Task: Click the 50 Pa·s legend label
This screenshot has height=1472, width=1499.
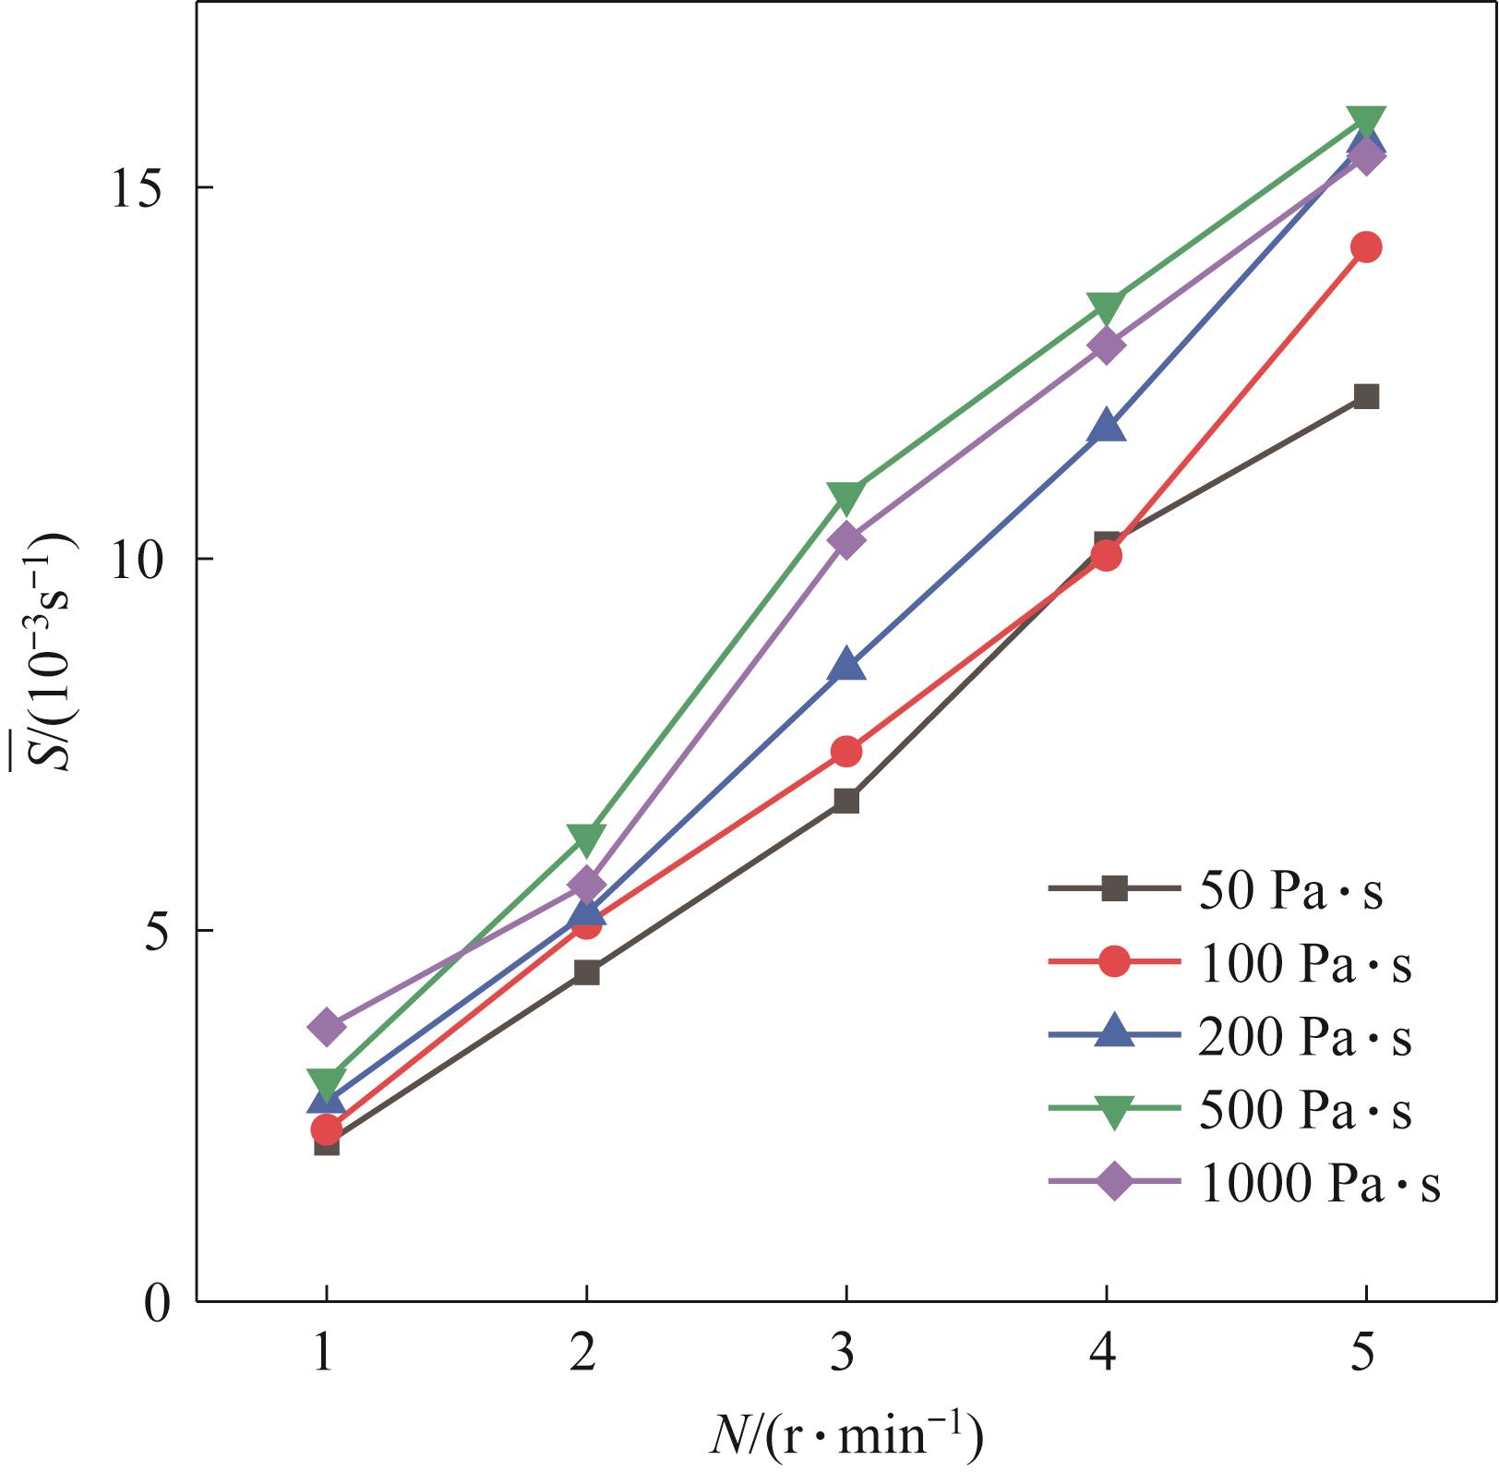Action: pos(1290,891)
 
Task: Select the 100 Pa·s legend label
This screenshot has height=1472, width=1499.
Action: pos(1305,964)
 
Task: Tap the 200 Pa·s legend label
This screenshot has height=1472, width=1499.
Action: pos(1305,1037)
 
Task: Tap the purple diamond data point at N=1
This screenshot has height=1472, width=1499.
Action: pos(327,1026)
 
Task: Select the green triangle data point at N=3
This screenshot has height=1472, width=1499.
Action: pos(846,496)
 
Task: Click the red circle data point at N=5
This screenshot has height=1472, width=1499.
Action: pos(1366,247)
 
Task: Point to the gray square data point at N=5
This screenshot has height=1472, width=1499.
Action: pos(1366,397)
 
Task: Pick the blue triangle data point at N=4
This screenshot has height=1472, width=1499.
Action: pos(1107,428)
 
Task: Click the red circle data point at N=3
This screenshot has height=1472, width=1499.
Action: pos(846,752)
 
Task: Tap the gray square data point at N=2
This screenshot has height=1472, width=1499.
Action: pos(587,972)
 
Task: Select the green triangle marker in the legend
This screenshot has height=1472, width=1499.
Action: pos(1114,1112)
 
